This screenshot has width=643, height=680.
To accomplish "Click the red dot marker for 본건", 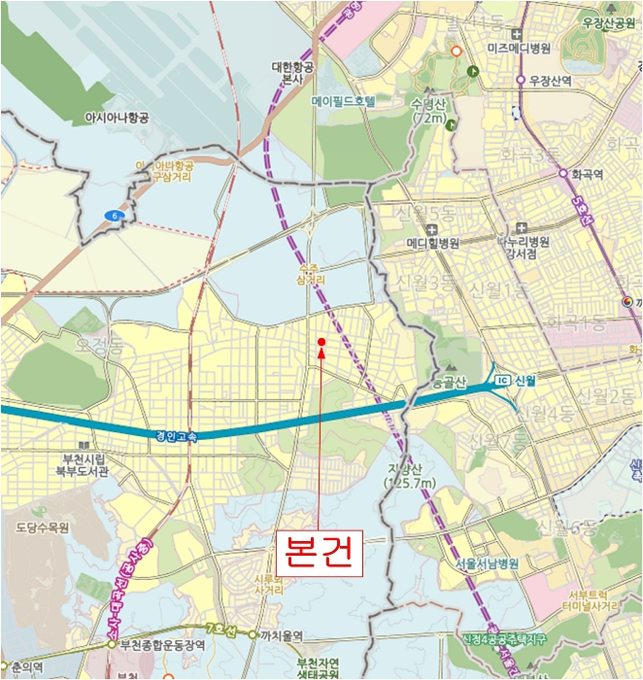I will [321, 341].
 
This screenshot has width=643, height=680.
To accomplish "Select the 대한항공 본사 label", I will [292, 75].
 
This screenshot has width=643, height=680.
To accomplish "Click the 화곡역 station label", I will [588, 176].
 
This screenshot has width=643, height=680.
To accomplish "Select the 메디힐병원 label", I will [432, 243].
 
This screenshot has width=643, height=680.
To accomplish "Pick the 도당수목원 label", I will [43, 528].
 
